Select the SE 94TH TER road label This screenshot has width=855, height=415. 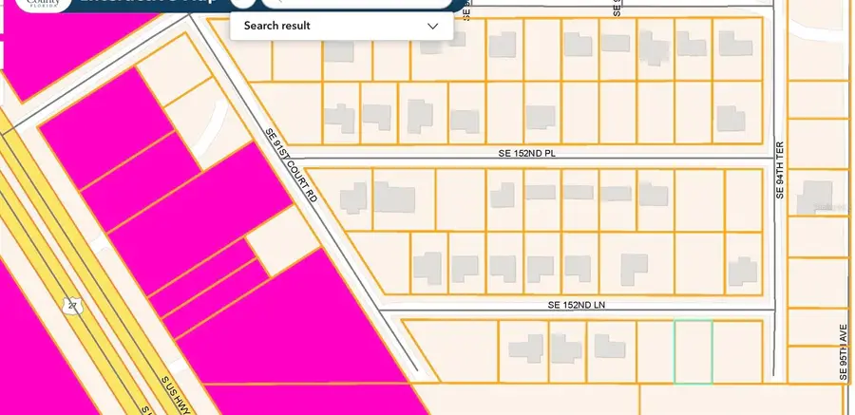[780, 172]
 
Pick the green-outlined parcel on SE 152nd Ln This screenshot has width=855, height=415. [693, 352]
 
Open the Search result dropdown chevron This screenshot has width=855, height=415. [433, 27]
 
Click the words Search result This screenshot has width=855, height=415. [277, 27]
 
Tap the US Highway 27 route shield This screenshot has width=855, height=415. [71, 305]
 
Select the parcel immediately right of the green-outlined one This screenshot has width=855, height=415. [737, 352]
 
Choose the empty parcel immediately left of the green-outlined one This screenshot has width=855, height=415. [655, 352]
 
